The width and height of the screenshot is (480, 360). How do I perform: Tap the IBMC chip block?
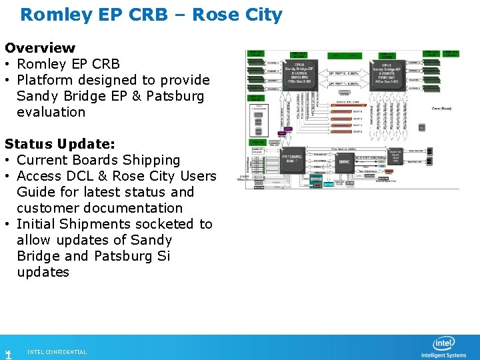tap(344, 162)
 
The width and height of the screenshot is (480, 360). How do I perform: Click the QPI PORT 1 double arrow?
tap(344, 85)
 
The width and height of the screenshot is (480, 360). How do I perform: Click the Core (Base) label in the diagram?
tap(442, 108)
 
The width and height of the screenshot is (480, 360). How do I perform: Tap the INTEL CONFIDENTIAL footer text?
tap(57, 352)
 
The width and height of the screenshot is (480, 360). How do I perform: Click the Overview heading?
tap(40, 48)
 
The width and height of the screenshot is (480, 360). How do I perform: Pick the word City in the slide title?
tap(263, 15)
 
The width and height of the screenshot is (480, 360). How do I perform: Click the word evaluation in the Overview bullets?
tap(51, 112)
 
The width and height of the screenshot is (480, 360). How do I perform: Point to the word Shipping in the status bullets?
tap(147, 160)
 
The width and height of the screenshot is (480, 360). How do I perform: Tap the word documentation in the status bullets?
tap(130, 208)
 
